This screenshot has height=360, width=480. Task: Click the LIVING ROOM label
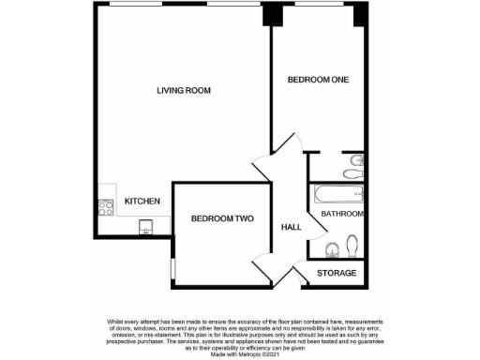pyautogui.click(x=184, y=91)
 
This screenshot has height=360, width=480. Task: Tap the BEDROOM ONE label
pyautogui.click(x=317, y=80)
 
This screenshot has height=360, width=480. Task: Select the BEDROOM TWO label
pyautogui.click(x=222, y=219)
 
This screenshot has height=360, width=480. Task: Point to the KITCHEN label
pyautogui.click(x=142, y=202)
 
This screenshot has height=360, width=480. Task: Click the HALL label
pyautogui.click(x=292, y=227)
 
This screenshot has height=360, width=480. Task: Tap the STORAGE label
pyautogui.click(x=337, y=273)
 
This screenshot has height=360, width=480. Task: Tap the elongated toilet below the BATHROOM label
pyautogui.click(x=353, y=245)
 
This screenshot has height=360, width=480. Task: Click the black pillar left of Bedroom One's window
pyautogui.click(x=271, y=16)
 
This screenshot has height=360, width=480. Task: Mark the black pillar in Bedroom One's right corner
pyautogui.click(x=358, y=16)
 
